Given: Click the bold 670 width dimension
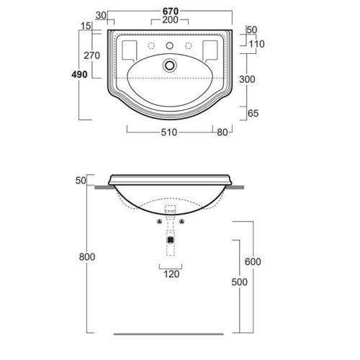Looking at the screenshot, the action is [x=171, y=12].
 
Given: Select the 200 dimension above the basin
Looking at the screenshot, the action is [x=170, y=20].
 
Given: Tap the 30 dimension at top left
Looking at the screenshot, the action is [x=101, y=16].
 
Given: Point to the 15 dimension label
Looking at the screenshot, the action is [x=86, y=26].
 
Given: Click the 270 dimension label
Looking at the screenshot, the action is [x=91, y=55].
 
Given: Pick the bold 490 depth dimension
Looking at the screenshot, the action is [x=79, y=74].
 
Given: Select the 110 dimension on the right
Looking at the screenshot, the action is [x=256, y=44].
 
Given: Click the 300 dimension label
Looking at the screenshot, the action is [x=247, y=79].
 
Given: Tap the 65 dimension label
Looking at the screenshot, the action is [x=253, y=113].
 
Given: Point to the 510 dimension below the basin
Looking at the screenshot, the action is [x=169, y=132].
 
